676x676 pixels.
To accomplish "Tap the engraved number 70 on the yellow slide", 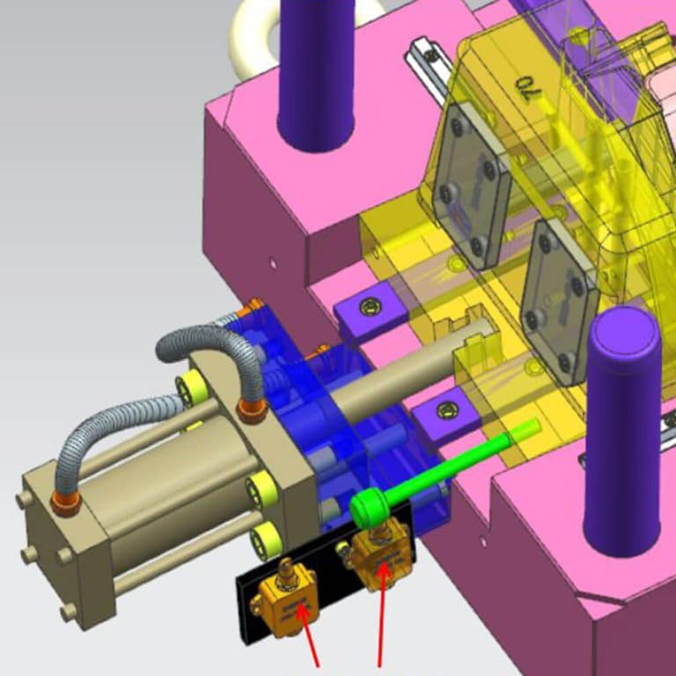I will [x=526, y=86].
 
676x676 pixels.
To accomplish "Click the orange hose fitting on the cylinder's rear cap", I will [x=64, y=503].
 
